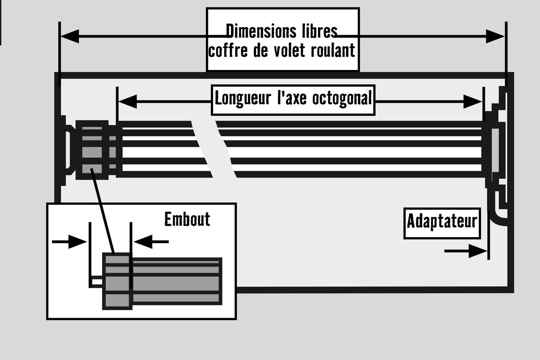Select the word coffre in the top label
[x=228, y=50]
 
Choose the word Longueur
[x=243, y=99]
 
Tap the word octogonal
[x=342, y=99]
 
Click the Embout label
[x=187, y=219]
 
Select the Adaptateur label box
[x=442, y=223]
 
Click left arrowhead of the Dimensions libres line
[x=70, y=36]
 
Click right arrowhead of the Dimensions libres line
[x=495, y=36]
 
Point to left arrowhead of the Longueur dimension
[x=128, y=102]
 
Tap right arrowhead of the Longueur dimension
[x=473, y=102]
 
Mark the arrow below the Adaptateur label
[x=465, y=251]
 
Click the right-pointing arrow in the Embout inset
[x=70, y=241]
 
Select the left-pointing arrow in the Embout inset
[x=151, y=241]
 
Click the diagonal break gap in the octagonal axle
[x=214, y=149]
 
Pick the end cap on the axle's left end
[x=92, y=150]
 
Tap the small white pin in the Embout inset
[x=97, y=282]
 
